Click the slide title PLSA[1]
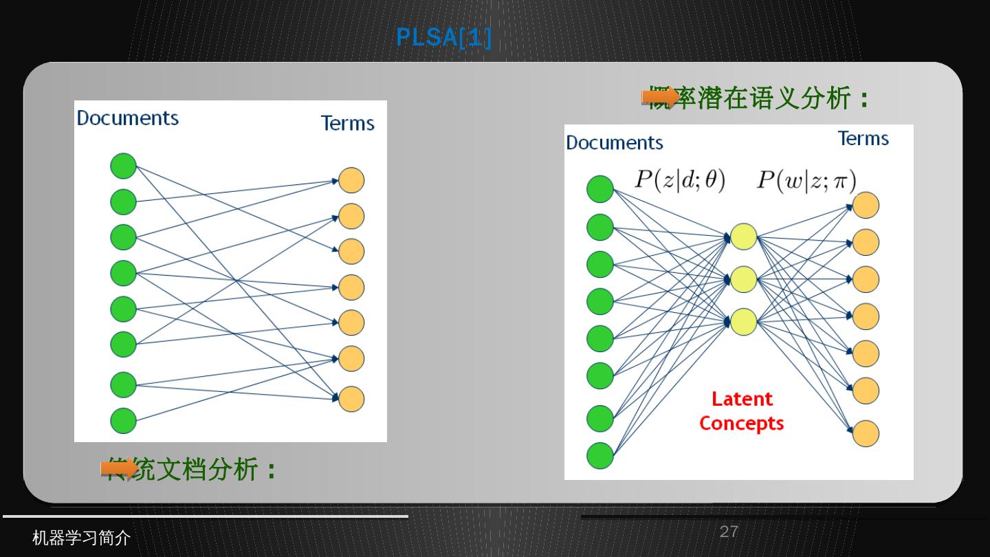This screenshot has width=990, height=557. (443, 37)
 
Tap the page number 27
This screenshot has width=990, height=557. (729, 532)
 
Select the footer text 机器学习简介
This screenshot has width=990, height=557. (81, 538)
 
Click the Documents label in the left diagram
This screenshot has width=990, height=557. (128, 118)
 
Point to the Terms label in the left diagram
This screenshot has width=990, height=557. (348, 123)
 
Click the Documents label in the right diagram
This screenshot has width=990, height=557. (615, 142)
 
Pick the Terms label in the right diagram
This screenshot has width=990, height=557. (863, 138)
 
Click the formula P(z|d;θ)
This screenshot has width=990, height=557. (679, 180)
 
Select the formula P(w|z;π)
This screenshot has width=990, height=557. (806, 180)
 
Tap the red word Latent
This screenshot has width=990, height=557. (742, 399)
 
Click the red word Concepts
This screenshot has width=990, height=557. (742, 423)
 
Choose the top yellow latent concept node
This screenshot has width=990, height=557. (743, 237)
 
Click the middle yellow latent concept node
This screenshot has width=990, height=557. (743, 279)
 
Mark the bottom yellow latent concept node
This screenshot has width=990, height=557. (743, 322)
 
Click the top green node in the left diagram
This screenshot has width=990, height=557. (124, 166)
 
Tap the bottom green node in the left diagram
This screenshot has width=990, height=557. (124, 420)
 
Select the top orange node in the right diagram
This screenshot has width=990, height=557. (866, 206)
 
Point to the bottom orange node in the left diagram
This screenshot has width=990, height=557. (351, 399)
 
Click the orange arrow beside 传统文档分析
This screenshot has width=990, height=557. (119, 469)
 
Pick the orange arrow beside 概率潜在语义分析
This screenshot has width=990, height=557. (660, 97)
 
